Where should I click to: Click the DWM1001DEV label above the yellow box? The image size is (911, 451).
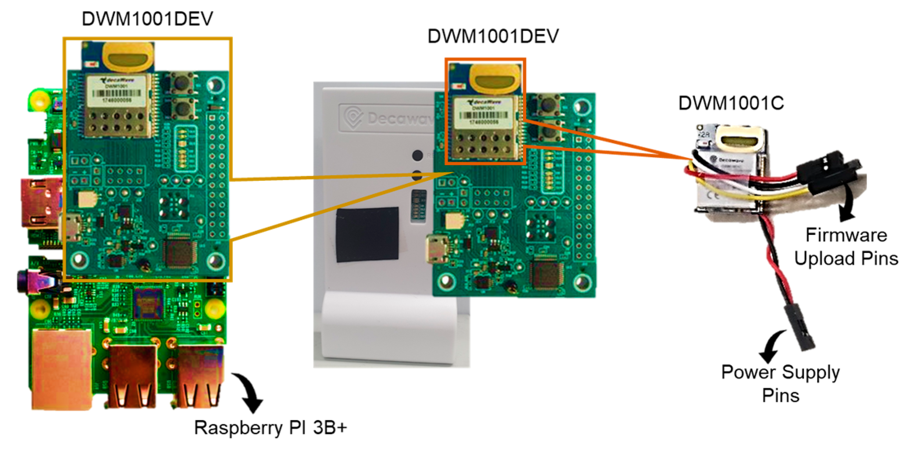coord(147,19)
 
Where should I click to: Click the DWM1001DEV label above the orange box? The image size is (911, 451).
coord(493,36)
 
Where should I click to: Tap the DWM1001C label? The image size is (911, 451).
coord(731,103)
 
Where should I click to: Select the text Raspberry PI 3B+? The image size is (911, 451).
coord(271,427)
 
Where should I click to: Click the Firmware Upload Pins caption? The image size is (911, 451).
coord(846,247)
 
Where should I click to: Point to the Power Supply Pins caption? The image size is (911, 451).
coord(780,383)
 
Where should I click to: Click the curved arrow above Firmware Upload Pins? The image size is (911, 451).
coord(847,204)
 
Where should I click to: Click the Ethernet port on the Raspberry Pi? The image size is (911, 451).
coord(62,369)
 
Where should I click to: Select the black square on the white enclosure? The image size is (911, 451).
coord(367,234)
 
